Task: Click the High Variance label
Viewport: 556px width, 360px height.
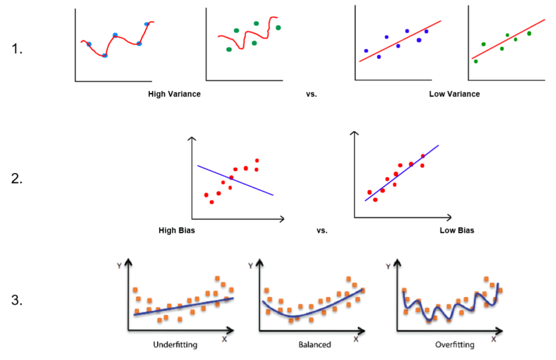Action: pyautogui.click(x=174, y=94)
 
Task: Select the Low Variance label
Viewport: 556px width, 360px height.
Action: pyautogui.click(x=454, y=94)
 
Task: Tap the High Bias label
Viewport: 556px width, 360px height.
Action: pyautogui.click(x=176, y=231)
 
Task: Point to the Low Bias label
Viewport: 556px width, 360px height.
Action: pyautogui.click(x=457, y=231)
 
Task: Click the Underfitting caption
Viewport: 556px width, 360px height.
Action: pyautogui.click(x=175, y=345)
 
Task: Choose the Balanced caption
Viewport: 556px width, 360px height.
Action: pyautogui.click(x=315, y=345)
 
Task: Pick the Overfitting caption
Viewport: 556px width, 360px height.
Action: pyautogui.click(x=454, y=345)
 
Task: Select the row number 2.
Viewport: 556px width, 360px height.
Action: pyautogui.click(x=19, y=178)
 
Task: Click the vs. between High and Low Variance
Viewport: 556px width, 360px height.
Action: pyautogui.click(x=311, y=94)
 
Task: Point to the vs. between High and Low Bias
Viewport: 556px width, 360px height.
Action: pyautogui.click(x=322, y=231)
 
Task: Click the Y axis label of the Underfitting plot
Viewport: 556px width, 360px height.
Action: pyautogui.click(x=119, y=266)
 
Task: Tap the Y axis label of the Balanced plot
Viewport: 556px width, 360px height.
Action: pyautogui.click(x=250, y=266)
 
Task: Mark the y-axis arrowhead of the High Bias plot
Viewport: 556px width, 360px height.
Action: pyautogui.click(x=192, y=140)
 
